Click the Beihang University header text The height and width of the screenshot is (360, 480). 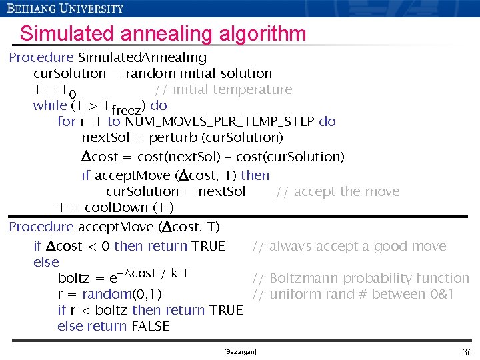tap(65, 8)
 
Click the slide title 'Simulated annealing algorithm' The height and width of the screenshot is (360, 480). tap(163, 33)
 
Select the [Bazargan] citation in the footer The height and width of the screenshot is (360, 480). tap(240, 351)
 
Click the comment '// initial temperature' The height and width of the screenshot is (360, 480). tap(223, 89)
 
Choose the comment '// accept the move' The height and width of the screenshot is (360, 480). tap(337, 192)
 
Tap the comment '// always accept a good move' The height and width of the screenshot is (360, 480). tap(349, 246)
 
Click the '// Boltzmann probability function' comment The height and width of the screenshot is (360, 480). tap(360, 278)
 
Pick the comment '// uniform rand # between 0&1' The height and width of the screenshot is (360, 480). tap(353, 294)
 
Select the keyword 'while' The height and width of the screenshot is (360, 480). tap(49, 105)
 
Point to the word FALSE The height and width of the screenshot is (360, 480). tap(150, 326)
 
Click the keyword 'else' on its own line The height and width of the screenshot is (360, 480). tap(46, 262)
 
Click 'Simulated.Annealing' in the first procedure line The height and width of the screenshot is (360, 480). tap(142, 57)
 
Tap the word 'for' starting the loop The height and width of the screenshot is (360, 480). tap(66, 121)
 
